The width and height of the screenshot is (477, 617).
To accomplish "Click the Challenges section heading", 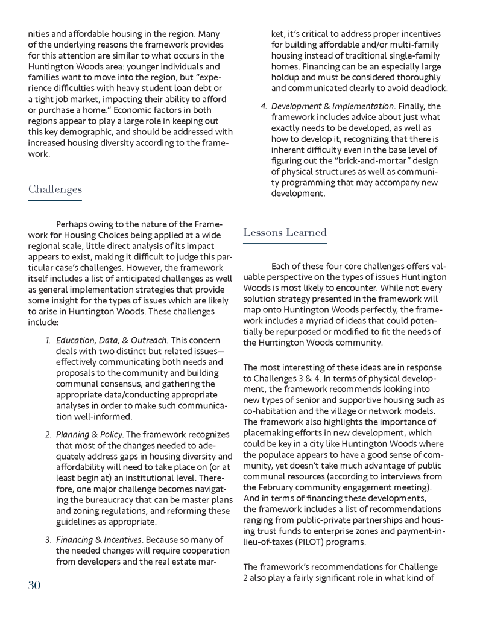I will coord(55,189).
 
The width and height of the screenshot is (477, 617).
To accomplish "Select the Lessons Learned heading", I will coord(285,232).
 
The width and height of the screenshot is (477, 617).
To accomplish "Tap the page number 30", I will coord(34,585).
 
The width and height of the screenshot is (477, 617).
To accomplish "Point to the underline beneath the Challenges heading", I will coord(55,200).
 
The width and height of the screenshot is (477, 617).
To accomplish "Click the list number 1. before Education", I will coord(49,341).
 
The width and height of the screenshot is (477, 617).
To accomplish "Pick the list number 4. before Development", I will coord(264,107).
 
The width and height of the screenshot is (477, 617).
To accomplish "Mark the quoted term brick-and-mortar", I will coord(347,161).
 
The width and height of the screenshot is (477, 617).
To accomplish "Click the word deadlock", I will coord(429,88).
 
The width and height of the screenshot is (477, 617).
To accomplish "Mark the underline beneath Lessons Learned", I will coord(285,243).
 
